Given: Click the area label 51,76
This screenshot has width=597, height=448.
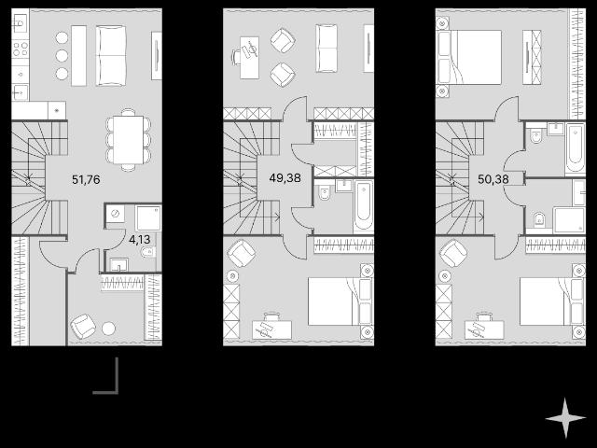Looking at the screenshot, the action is [86, 179].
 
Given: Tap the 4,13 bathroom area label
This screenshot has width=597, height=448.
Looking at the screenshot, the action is [139, 240].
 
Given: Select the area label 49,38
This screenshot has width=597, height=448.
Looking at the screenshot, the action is [285, 177].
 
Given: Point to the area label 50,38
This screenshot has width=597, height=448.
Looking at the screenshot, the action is [493, 179].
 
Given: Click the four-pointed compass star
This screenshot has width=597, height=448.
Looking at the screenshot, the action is [565, 418].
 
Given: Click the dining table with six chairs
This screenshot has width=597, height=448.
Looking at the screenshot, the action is [129, 140].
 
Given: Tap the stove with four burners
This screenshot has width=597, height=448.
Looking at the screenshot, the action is [21, 49].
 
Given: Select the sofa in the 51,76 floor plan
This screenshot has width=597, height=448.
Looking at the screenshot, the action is [111, 56].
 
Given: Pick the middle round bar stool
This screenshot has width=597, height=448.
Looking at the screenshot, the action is [62, 56].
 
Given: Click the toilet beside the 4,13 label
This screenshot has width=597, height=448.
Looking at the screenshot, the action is [147, 251].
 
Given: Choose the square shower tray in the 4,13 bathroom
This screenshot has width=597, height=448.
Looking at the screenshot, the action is [148, 218].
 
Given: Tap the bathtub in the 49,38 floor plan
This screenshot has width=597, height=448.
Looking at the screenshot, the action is [364, 205].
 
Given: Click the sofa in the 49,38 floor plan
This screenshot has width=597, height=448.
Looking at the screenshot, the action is [326, 48].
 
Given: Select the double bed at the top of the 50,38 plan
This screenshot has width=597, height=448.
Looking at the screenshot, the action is [469, 57].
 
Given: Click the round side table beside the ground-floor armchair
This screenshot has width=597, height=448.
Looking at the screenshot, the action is [108, 329].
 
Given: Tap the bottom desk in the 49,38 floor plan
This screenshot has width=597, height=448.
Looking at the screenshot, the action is [271, 329].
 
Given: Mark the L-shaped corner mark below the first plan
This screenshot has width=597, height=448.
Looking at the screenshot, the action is [116, 391].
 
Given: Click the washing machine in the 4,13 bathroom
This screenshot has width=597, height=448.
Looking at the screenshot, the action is [116, 214].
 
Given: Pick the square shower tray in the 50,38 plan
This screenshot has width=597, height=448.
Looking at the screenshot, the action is [569, 220].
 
